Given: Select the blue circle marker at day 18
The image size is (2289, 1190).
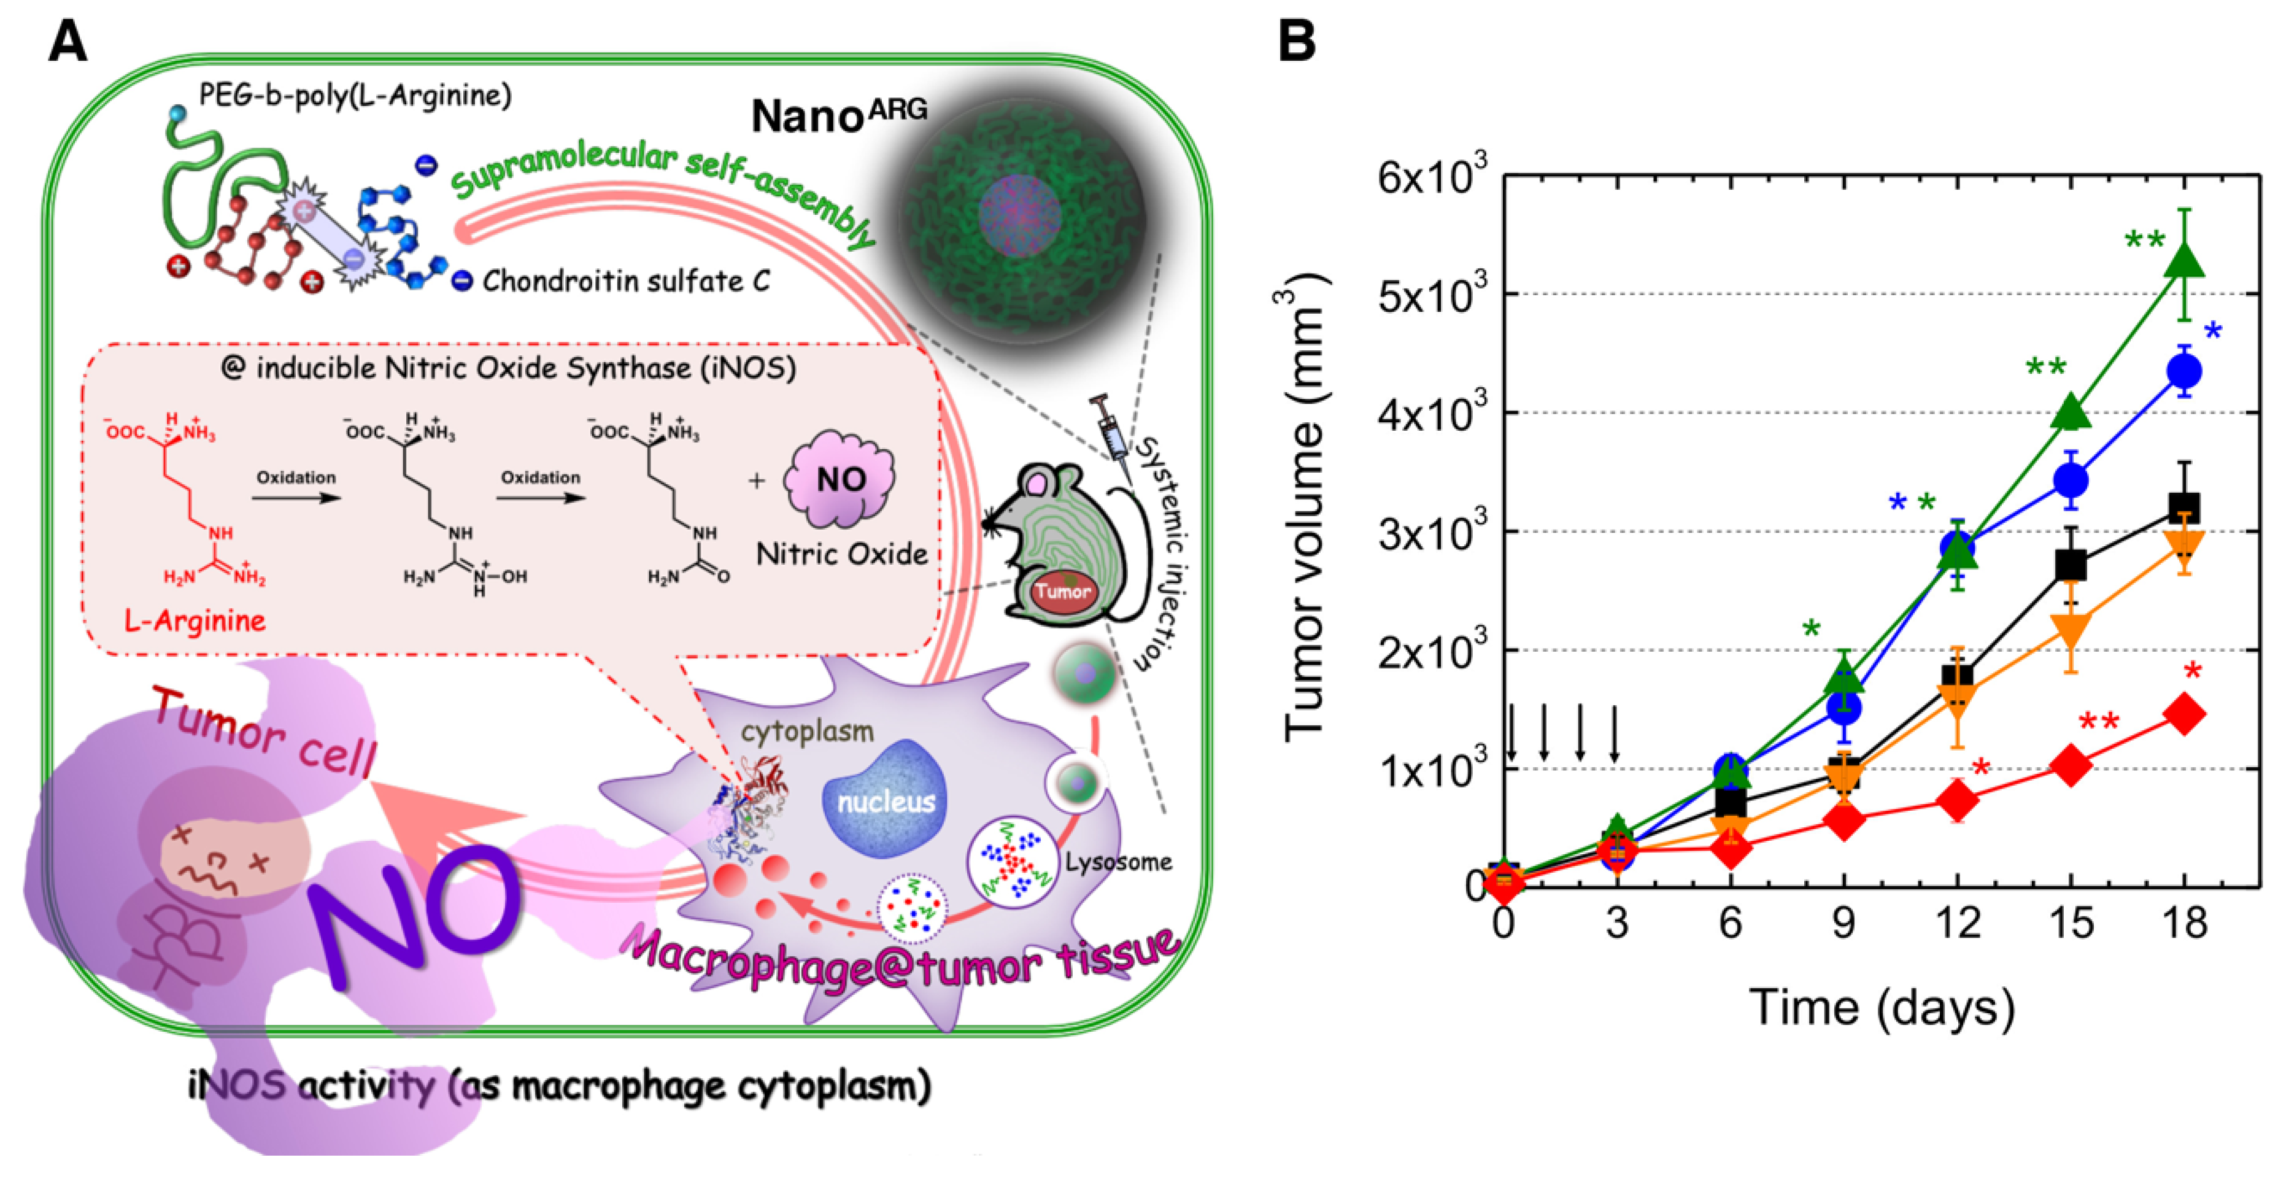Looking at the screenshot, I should [2183, 371].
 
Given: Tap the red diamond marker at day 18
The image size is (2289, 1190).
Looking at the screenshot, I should [2185, 714].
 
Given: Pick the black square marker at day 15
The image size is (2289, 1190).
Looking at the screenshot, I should [2071, 565].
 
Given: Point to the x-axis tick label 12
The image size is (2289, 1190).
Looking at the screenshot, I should [1958, 924].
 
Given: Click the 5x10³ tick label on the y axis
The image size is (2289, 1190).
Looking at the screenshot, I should [1430, 295].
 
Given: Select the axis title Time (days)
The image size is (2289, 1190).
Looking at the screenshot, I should [1881, 1008].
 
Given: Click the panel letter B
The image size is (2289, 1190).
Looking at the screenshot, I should [1297, 41].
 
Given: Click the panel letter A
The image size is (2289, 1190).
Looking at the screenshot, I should [68, 41].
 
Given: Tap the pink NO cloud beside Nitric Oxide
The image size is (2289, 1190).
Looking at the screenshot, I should [839, 479].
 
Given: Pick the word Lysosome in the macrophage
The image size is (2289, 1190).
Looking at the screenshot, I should [1118, 862].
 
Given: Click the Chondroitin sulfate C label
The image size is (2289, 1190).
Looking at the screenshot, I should [625, 281].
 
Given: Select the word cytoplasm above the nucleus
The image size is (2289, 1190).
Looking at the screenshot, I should [807, 732].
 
